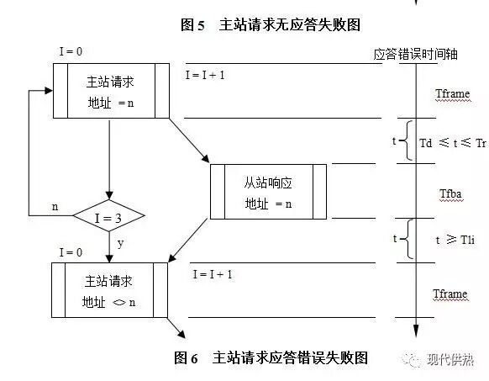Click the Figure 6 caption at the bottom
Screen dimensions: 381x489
(271, 357)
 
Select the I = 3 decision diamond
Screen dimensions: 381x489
(108, 217)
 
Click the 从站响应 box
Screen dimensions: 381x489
(267, 193)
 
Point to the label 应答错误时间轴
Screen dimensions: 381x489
(416, 54)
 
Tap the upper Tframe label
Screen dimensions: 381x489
(451, 94)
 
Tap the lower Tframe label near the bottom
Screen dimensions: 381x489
(450, 294)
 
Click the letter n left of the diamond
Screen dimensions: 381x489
(55, 206)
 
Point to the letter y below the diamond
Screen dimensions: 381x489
(121, 243)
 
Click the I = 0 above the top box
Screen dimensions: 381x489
(71, 52)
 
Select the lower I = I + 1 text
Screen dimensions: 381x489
(212, 274)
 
